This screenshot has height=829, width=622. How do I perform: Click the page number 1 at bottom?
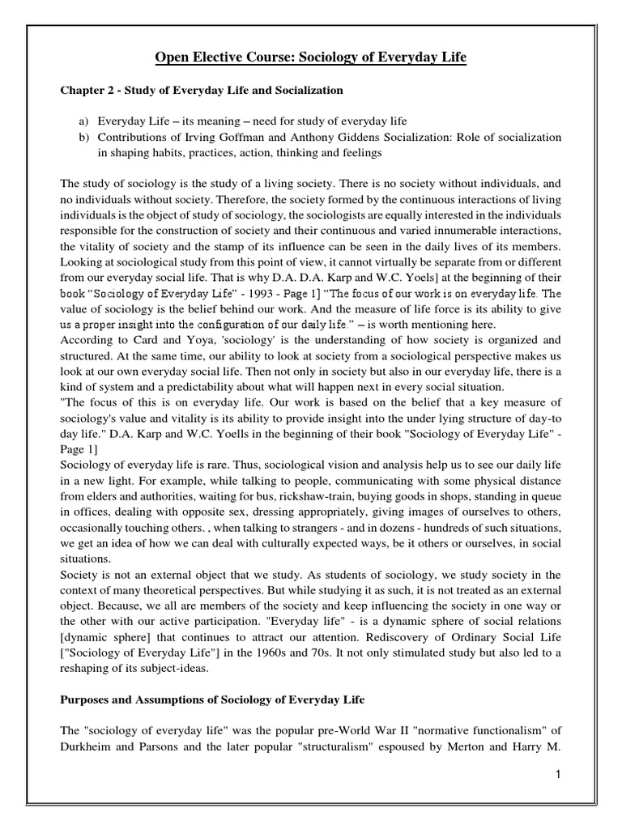[560, 775]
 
